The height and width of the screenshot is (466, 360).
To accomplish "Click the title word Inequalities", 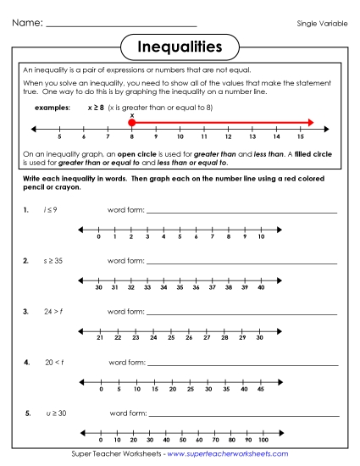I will [180, 44].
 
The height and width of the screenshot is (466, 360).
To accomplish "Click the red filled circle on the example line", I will [132, 123].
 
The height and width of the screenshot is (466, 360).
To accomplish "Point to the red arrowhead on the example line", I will [310, 123].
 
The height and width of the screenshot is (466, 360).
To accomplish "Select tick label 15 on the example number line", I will [301, 136].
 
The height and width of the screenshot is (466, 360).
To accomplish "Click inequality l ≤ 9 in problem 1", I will [51, 208].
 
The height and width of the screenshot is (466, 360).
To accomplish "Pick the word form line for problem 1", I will [241, 212].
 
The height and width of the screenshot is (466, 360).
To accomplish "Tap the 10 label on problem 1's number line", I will [261, 237].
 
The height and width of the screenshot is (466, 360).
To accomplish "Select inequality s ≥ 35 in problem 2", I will [53, 261].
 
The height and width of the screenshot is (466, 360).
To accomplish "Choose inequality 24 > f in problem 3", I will [53, 312].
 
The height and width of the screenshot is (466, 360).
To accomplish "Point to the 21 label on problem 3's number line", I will [100, 338].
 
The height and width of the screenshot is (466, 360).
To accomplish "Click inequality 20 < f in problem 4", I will [54, 362].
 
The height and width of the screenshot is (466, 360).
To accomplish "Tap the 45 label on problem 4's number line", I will [261, 389].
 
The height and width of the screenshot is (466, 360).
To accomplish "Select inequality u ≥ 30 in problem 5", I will [56, 413].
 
